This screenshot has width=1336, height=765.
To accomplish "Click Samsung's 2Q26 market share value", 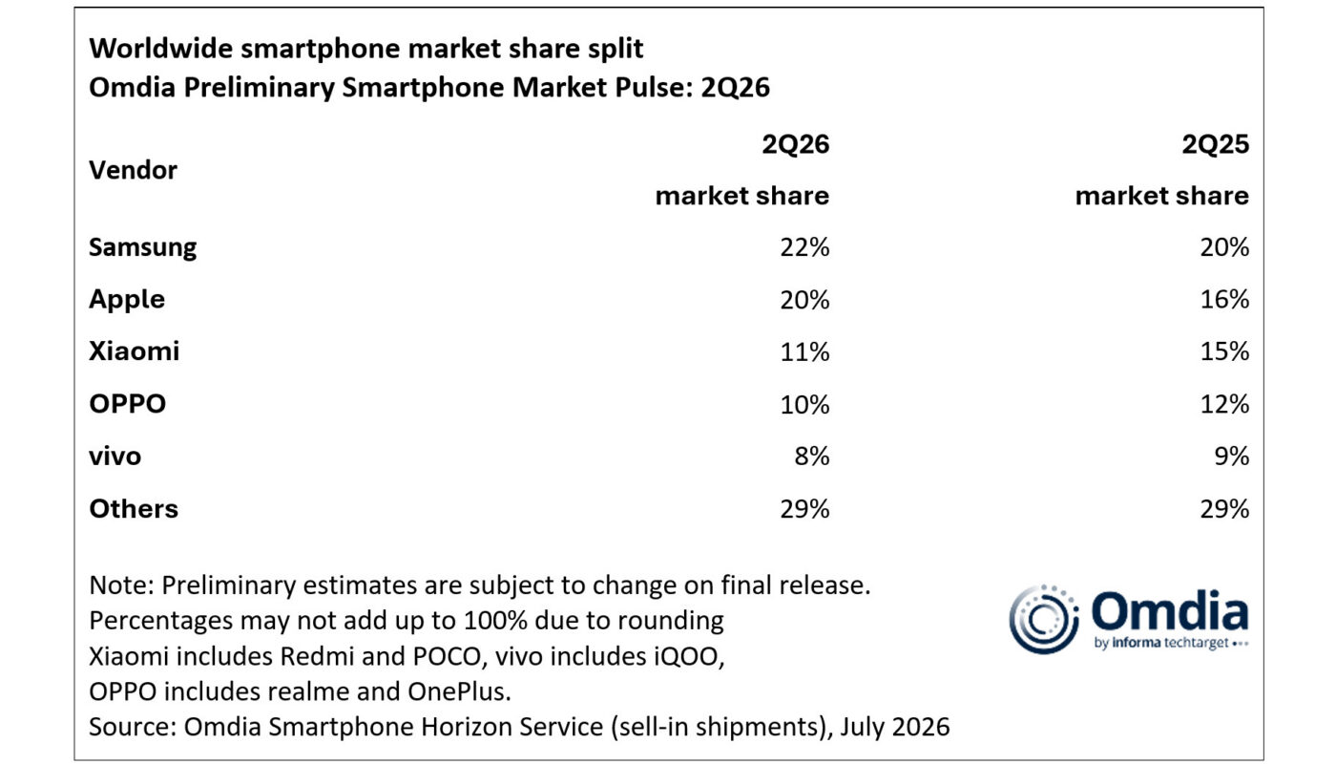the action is (804, 247).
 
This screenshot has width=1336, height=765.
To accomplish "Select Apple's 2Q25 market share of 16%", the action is (1223, 299).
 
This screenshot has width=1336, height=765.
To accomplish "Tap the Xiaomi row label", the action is (135, 351).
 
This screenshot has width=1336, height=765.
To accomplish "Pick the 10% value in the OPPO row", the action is (804, 404).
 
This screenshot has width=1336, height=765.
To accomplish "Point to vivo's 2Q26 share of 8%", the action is (812, 457).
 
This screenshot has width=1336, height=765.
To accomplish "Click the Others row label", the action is (134, 509).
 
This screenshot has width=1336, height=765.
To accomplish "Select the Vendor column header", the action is (133, 171).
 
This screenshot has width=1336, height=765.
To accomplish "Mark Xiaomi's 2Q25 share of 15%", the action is (1223, 351).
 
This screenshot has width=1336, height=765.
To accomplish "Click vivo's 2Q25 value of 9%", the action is (1232, 457).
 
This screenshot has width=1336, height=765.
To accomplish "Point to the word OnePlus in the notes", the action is (459, 691).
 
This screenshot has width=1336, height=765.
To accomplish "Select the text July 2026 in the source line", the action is (895, 727).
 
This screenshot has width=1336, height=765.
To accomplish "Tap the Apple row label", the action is (127, 299).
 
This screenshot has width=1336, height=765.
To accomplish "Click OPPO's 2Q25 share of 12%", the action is (1223, 404).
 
